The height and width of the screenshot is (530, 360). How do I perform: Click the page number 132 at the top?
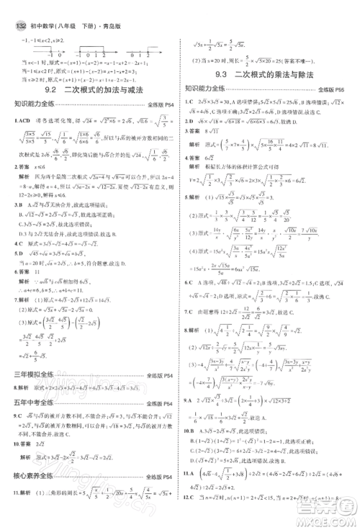(18, 9)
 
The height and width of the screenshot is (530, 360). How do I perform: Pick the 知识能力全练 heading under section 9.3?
(209, 89)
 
